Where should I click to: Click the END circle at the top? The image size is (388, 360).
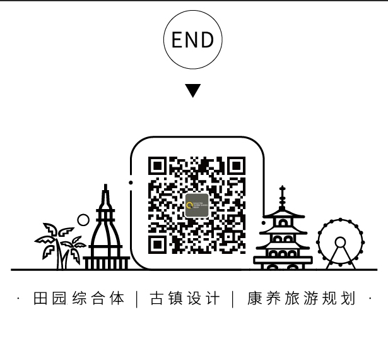pyautogui.click(x=193, y=40)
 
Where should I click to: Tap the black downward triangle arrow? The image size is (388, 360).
pyautogui.click(x=193, y=90)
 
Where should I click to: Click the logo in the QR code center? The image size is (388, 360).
pyautogui.click(x=197, y=205)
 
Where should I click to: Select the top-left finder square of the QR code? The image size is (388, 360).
pyautogui.click(x=158, y=166)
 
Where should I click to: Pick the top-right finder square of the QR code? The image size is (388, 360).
pyautogui.click(x=235, y=166)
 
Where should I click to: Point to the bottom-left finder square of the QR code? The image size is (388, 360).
pyautogui.click(x=158, y=244)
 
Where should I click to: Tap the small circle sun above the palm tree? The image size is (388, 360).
pyautogui.click(x=83, y=220)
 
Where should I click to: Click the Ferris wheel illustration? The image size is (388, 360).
pyautogui.click(x=340, y=244)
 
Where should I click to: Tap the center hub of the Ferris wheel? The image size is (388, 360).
pyautogui.click(x=340, y=242)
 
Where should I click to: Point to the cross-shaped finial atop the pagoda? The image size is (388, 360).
pyautogui.click(x=282, y=193)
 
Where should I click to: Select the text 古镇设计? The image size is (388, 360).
pyautogui.click(x=185, y=299)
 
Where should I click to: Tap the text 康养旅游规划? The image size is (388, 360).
pyautogui.click(x=302, y=299)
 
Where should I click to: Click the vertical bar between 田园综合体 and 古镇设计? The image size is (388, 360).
pyautogui.click(x=138, y=299)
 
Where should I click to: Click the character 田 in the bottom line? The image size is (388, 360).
pyautogui.click(x=40, y=299)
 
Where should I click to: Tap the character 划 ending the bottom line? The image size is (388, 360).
pyautogui.click(x=348, y=299)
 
